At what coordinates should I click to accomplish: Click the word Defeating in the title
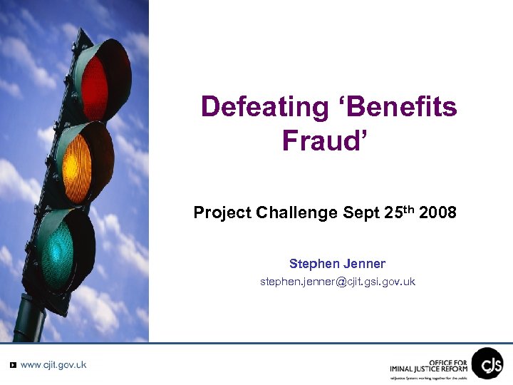pyautogui.click(x=264, y=107)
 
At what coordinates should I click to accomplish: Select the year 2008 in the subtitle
pyautogui.click(x=438, y=213)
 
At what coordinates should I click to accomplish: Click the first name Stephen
pyautogui.click(x=313, y=264)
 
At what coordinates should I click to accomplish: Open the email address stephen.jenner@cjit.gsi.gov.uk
pyautogui.click(x=338, y=282)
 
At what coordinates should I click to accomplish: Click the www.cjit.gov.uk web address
pyautogui.click(x=53, y=364)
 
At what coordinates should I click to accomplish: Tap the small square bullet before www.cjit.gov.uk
pyautogui.click(x=13, y=365)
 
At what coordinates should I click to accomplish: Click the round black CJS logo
pyautogui.click(x=487, y=363)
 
